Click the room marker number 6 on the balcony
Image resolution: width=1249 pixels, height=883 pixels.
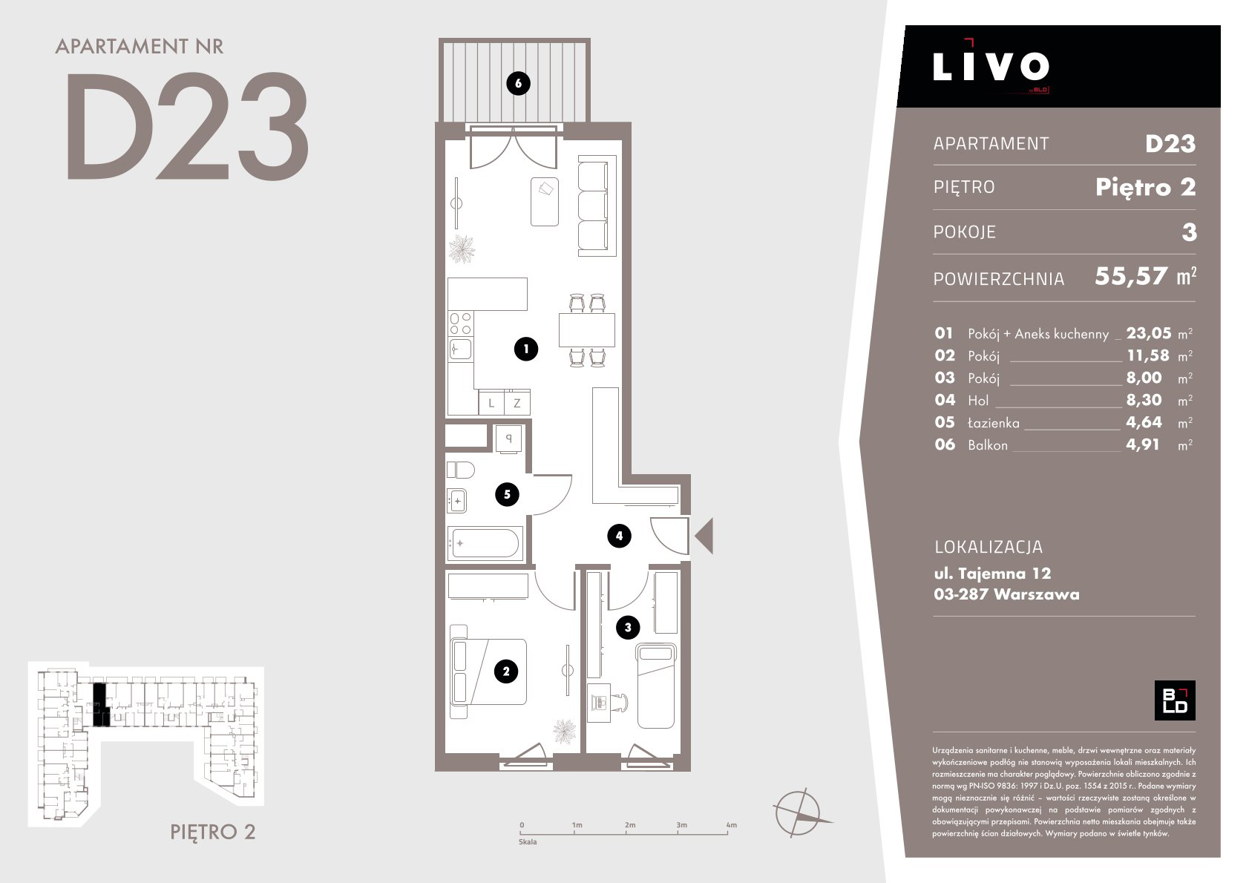point(518,84)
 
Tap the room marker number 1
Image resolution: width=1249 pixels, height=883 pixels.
point(526,349)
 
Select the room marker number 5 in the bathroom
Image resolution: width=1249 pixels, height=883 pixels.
point(507,494)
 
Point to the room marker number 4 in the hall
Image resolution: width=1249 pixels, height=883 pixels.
point(619,536)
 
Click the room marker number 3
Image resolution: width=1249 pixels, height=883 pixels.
point(628,628)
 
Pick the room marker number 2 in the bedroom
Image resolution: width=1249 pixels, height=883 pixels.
point(506,672)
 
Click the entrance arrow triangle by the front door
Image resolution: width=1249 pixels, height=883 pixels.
point(705,536)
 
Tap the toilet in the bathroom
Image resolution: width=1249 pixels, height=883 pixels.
point(461,470)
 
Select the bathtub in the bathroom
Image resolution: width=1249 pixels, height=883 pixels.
point(485,543)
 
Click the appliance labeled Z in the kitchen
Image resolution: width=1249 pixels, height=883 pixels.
point(517,402)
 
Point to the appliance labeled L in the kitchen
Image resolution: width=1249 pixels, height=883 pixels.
point(491,402)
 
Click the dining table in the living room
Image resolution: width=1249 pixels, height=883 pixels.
point(587,330)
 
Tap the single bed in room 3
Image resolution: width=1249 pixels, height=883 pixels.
point(656,686)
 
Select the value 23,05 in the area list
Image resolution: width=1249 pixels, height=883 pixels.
point(1149,333)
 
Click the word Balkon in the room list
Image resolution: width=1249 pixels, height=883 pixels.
point(988,445)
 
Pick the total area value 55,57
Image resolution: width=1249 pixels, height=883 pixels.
point(1131,276)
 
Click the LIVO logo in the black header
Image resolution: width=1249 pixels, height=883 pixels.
point(991,66)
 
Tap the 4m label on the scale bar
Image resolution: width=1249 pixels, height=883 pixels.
point(732,825)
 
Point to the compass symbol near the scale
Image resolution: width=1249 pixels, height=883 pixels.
point(799,813)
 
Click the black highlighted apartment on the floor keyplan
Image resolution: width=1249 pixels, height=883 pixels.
point(99,705)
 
